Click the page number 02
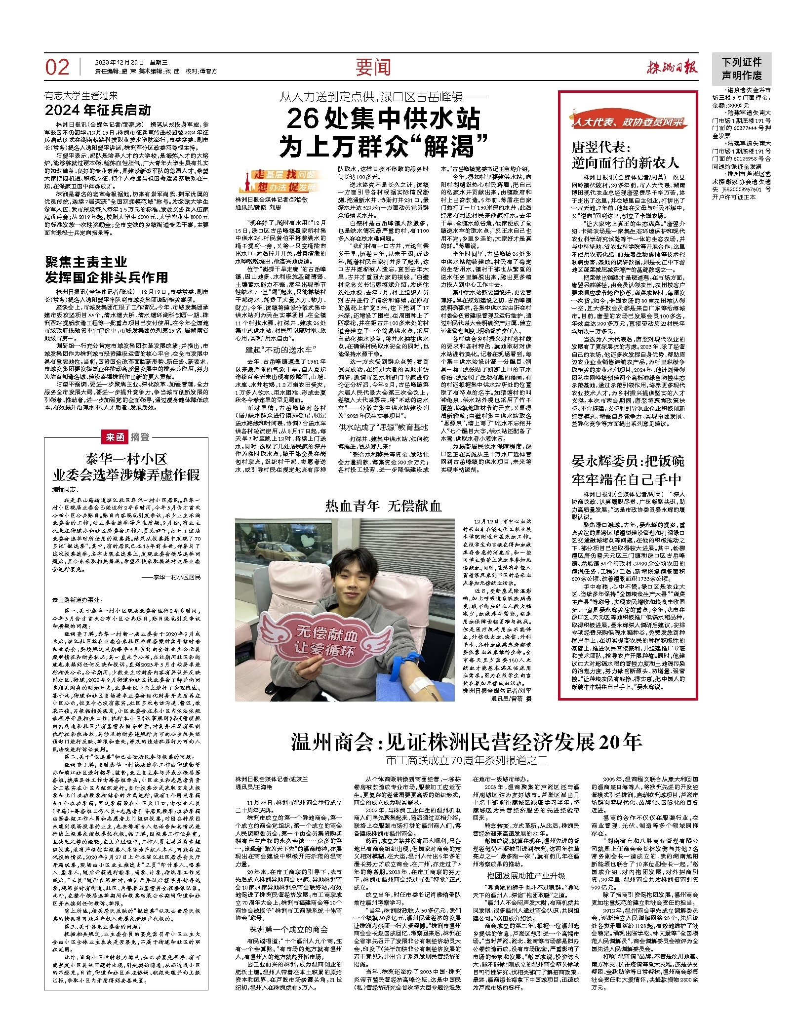tap(57, 67)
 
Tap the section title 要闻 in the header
tap(373, 67)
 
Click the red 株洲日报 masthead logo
tap(673, 68)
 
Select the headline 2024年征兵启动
tap(98, 110)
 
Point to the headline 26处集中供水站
tap(383, 119)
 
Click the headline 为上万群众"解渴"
tap(383, 146)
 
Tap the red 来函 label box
tap(115, 437)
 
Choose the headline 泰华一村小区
tap(126, 459)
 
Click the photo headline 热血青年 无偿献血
tap(383, 506)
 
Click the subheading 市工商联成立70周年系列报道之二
tap(466, 760)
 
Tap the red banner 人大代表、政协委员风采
tap(628, 121)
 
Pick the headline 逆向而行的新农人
tap(626, 162)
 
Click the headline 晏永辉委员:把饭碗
tap(628, 461)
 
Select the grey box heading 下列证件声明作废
tap(741, 69)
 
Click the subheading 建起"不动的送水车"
tap(280, 350)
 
